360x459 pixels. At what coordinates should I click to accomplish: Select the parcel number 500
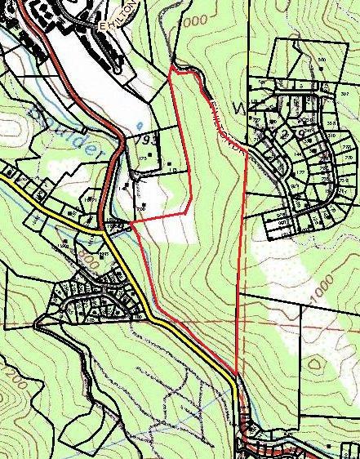tap(322, 60)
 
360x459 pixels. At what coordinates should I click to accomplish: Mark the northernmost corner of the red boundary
tap(171, 70)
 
